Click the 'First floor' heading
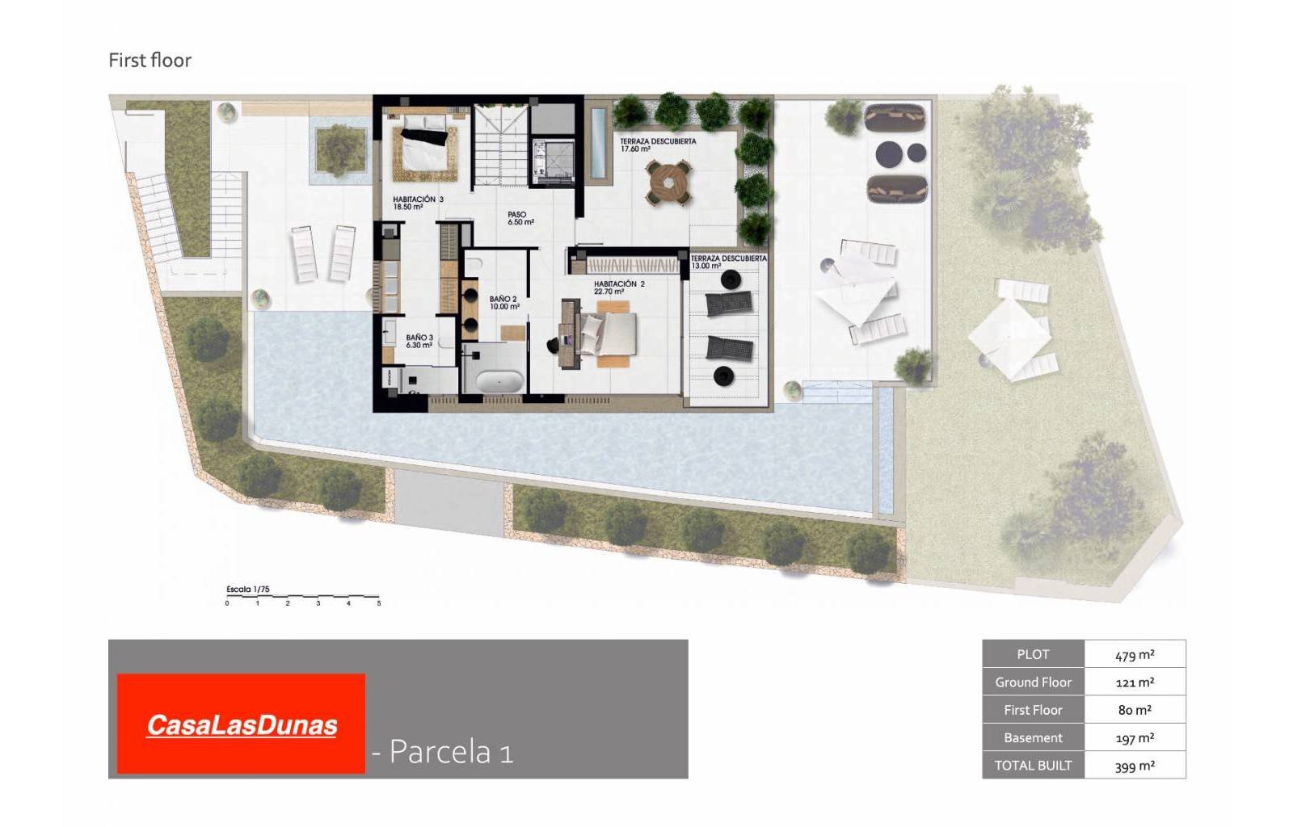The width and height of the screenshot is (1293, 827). [150, 61]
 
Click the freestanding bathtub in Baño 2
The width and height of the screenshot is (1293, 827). [499, 380]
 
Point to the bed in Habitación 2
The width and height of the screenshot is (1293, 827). [610, 334]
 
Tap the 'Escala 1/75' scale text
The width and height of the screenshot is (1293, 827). [248, 590]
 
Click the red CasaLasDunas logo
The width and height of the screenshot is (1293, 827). [241, 724]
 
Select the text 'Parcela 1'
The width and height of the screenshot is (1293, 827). [451, 752]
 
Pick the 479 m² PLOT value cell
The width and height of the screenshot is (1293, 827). [1135, 655]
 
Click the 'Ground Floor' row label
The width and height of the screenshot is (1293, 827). [1033, 682]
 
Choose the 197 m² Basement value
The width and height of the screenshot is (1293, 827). [1135, 738]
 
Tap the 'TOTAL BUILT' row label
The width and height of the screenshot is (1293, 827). [1033, 766]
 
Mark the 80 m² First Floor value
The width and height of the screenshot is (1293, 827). [1135, 711]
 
